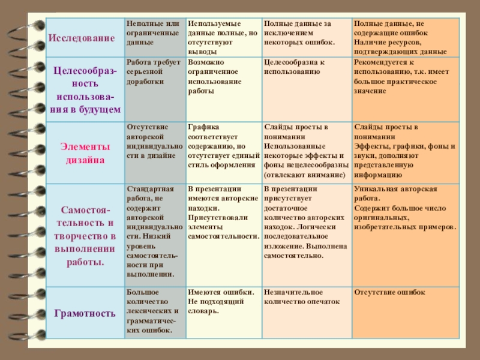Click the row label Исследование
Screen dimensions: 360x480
[x=82, y=38]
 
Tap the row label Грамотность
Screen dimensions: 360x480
[x=85, y=313]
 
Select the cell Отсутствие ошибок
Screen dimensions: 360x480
[x=389, y=292]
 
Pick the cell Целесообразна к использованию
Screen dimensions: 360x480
[x=294, y=67]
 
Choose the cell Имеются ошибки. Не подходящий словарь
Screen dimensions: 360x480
[x=213, y=302]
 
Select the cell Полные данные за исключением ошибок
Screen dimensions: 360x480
[x=299, y=33]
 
